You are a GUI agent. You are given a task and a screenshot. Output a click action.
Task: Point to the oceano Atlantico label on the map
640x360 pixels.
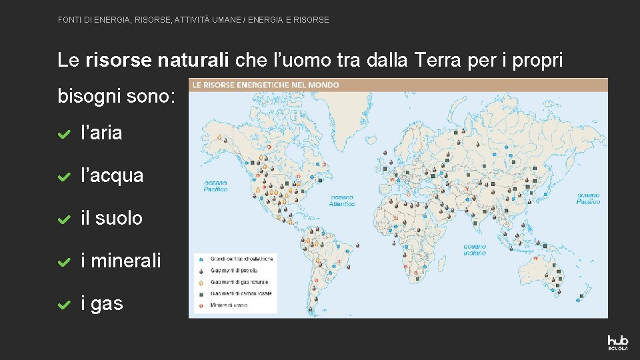pyautogui.click(x=341, y=201)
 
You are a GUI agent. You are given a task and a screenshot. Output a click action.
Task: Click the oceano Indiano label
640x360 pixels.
pyautogui.click(x=475, y=249)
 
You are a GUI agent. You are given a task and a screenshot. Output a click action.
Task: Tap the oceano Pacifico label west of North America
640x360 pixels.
pyautogui.click(x=215, y=185)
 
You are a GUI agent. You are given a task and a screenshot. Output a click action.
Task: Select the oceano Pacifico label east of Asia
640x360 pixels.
pyautogui.click(x=588, y=198)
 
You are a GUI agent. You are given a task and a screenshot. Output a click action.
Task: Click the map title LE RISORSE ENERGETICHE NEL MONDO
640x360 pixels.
pyautogui.click(x=265, y=85)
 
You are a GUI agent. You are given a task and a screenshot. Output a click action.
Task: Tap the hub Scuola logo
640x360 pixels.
pyautogui.click(x=617, y=342)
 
